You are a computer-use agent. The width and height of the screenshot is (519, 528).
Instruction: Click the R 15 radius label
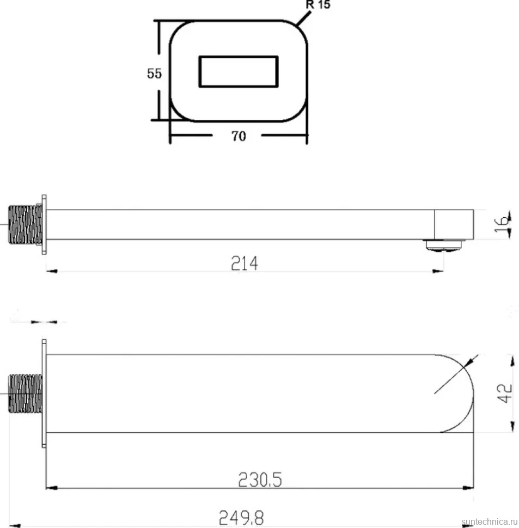pos(318,4)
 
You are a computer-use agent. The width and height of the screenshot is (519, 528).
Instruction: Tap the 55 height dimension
pos(154,73)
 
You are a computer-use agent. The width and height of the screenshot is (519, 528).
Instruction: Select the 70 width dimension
pos(239,136)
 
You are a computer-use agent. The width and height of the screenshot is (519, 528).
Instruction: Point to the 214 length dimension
pos(245,263)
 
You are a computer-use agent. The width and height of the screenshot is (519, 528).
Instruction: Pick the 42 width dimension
pos(504,393)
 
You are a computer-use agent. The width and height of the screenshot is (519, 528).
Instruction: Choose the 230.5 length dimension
pos(260,480)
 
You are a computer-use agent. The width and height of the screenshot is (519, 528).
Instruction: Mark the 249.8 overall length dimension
pos(241,518)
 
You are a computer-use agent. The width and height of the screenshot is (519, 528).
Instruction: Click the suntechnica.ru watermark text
pos(490,522)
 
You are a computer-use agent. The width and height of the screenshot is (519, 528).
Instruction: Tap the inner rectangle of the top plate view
pos(239,56)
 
